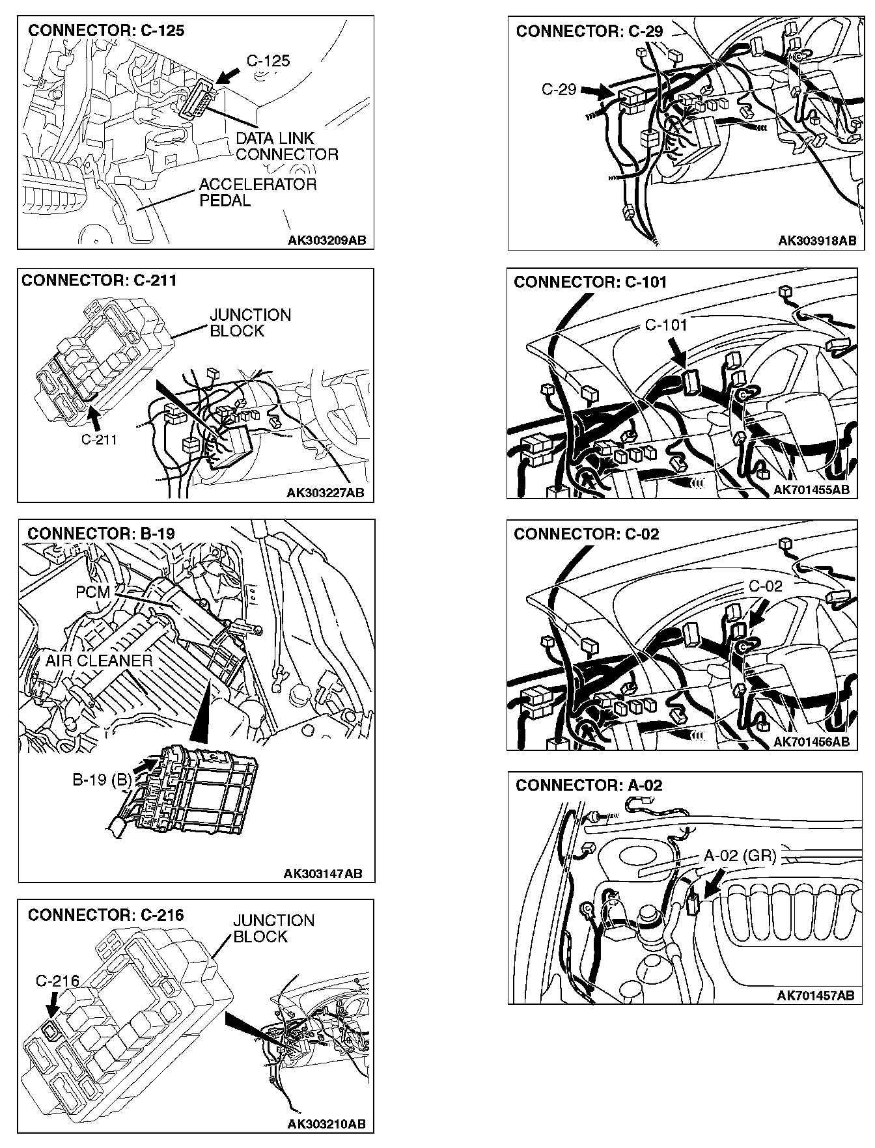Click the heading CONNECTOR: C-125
106,31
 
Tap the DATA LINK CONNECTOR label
286,146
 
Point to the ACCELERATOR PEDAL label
257,193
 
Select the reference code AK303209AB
327,240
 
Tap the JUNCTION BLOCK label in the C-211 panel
249,323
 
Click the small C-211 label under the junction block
99,439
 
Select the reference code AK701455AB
811,489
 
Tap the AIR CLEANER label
98,661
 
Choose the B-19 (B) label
102,780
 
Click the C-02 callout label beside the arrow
765,586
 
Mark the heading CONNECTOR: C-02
586,534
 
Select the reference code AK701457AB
815,995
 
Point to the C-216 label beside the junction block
57,981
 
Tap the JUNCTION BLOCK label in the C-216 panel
273,928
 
